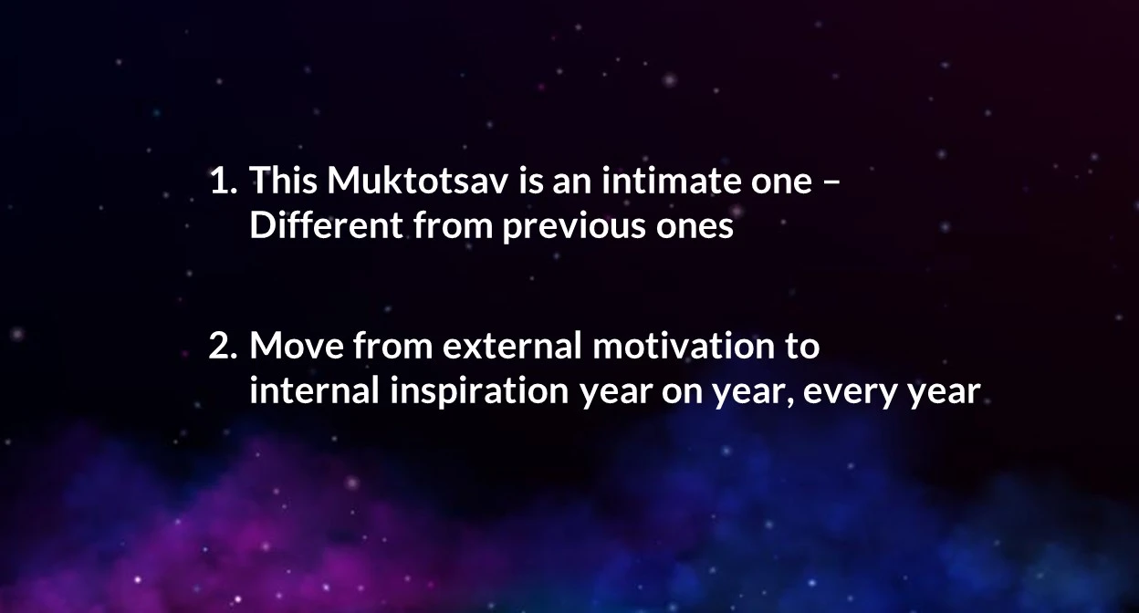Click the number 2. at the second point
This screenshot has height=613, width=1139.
click(224, 346)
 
